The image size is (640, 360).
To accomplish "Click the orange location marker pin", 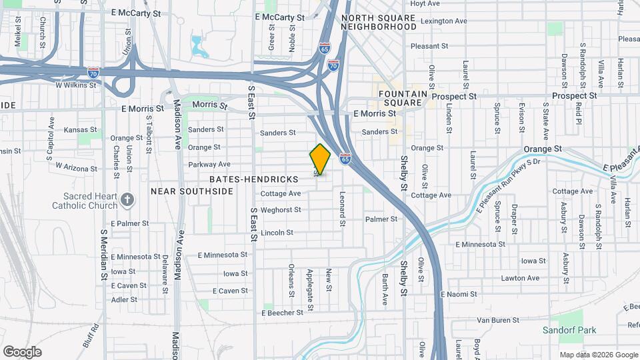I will pos(320,159).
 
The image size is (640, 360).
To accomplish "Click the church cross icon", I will pos(129,199).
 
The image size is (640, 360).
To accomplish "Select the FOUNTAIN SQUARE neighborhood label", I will pos(401,99).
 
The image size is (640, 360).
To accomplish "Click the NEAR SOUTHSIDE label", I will pos(192,191).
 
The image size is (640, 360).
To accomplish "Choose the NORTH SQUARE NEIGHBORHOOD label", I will pos(379,22).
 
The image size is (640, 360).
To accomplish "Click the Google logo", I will pos(22,352).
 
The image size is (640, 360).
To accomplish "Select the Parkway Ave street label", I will pos(209,164).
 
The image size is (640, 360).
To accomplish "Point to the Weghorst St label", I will pos(281,210).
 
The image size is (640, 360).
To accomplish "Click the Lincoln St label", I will pos(277,233).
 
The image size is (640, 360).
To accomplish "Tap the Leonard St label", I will pos(342,209).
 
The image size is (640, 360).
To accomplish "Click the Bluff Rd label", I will pos(96,336).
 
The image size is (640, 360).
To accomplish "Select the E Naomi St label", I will pos(459,294).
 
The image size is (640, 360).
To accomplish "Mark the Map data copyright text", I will pos(597,355).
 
